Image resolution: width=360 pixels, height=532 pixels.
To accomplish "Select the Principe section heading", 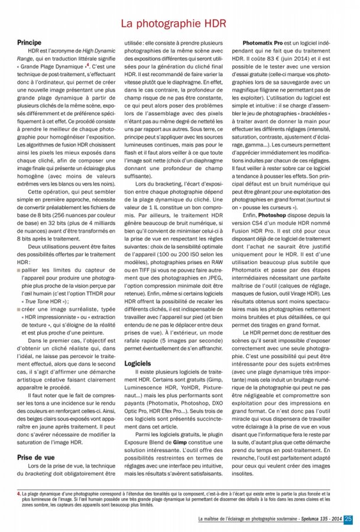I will pyautogui.click(x=29, y=43).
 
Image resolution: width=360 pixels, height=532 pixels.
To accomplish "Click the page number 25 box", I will pyautogui.click(x=348, y=519).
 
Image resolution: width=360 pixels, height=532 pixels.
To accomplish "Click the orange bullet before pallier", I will pyautogui.click(x=19, y=270).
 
